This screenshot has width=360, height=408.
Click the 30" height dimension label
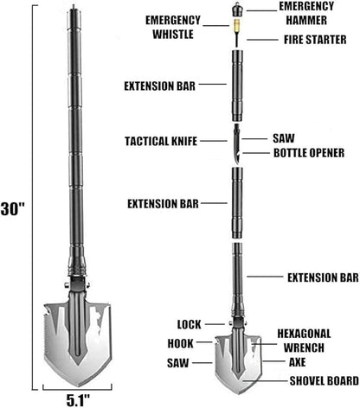pyautogui.click(x=13, y=209)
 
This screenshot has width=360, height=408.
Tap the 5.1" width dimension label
pyautogui.click(x=78, y=400)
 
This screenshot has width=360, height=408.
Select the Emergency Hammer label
pyautogui.click(x=306, y=13)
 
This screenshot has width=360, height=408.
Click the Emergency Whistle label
pyautogui.click(x=173, y=27)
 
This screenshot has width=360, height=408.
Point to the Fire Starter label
pyautogui.click(x=315, y=40)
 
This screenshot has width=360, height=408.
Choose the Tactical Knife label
pyautogui.click(x=161, y=141)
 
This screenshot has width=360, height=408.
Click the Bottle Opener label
pyautogui.click(x=309, y=153)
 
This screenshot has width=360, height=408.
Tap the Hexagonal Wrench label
pyautogui.click(x=304, y=341)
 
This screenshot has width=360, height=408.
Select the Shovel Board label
pyautogui.click(x=325, y=381)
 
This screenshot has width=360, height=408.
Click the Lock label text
pyautogui.click(x=189, y=324)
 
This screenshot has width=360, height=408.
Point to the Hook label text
pyautogui.click(x=181, y=343)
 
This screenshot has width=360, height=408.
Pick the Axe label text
pyautogui.click(x=297, y=362)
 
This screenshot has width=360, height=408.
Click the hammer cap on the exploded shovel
pyautogui.click(x=237, y=10)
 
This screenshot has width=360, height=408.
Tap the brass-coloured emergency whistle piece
pyautogui.click(x=237, y=26)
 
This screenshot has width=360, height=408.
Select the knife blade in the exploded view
pyautogui.click(x=237, y=144)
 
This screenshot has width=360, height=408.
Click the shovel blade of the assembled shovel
pyautogui.click(x=77, y=343)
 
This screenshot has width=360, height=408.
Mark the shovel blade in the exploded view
pyautogui.click(x=238, y=364)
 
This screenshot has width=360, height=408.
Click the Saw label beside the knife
pyautogui.click(x=284, y=138)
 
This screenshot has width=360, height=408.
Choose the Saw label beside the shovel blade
pyautogui.click(x=178, y=363)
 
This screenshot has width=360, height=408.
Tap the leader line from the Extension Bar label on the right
pyautogui.click(x=265, y=277)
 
